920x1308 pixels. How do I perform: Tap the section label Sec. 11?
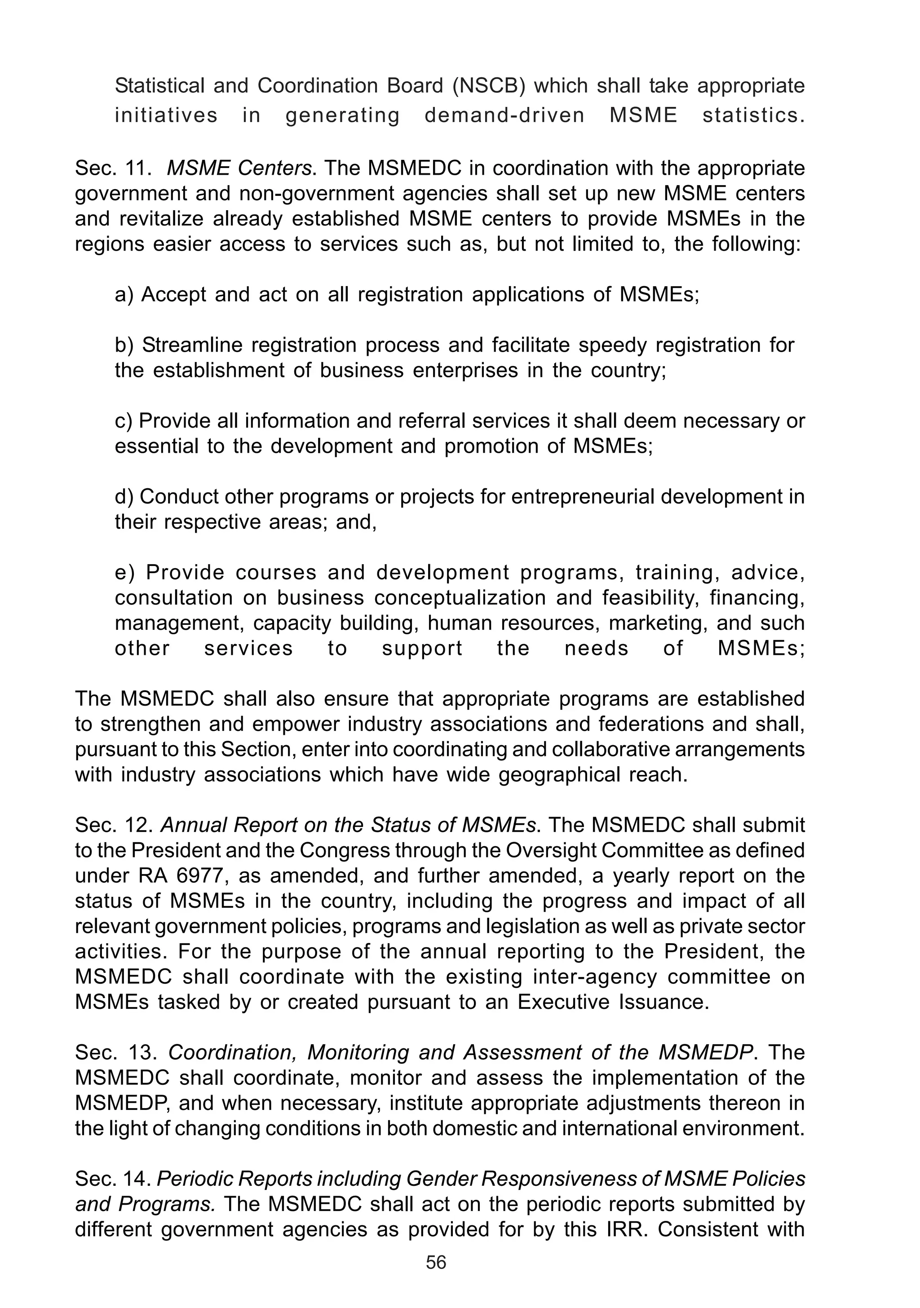click(x=113, y=168)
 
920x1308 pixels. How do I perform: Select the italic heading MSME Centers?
click(x=239, y=168)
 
